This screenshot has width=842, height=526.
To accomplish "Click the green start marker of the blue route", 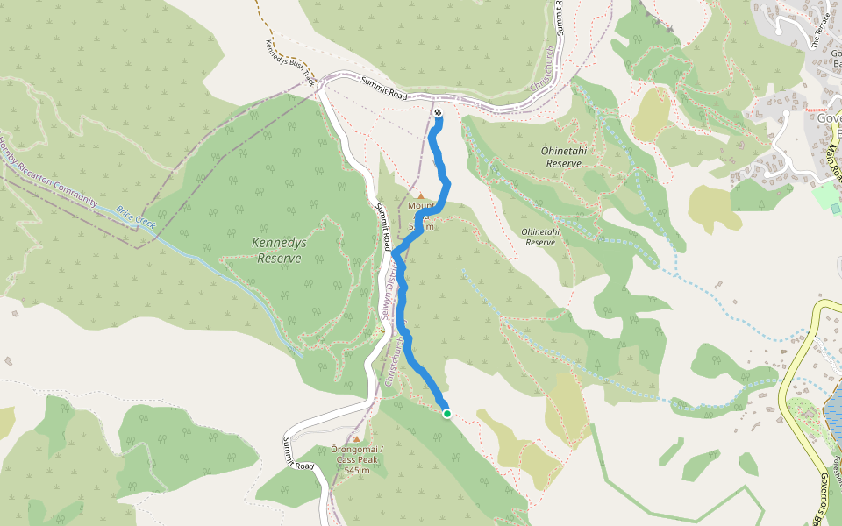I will tap(447, 414).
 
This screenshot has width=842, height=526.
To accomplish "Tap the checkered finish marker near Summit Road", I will tap(438, 112).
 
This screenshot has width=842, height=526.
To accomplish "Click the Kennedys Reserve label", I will tap(277, 251).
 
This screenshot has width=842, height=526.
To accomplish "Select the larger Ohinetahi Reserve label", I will tap(563, 157).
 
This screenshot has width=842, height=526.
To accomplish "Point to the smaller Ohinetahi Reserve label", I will tap(539, 237).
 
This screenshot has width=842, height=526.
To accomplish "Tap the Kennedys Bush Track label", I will tap(290, 60).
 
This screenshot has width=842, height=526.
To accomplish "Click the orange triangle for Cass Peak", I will tap(357, 438).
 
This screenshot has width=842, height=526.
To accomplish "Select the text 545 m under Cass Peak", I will tap(357, 471).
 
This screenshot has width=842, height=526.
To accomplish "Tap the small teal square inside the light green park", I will tap(835, 209).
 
